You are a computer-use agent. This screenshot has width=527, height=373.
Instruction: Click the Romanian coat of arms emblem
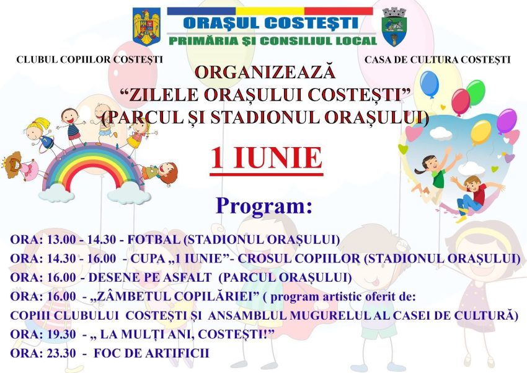pyautogui.click(x=146, y=27)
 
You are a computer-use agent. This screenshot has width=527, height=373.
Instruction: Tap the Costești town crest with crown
pyautogui.click(x=394, y=27)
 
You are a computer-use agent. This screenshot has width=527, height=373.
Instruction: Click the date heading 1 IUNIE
pyautogui.click(x=266, y=158)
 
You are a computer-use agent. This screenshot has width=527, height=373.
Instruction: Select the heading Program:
pyautogui.click(x=264, y=206)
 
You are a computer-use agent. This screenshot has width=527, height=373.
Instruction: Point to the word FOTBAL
pyautogui.click(x=154, y=240)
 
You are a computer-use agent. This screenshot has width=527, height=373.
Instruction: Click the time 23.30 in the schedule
pyautogui.click(x=61, y=353)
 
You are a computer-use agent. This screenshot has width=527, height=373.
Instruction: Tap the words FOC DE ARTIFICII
pyautogui.click(x=151, y=353)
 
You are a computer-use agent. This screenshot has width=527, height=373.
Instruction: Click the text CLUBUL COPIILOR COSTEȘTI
pyautogui.click(x=89, y=60)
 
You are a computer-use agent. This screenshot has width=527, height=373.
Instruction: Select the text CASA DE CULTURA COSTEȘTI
pyautogui.click(x=438, y=60)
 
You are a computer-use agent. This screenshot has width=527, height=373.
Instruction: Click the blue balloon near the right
pyautogui.click(x=430, y=83)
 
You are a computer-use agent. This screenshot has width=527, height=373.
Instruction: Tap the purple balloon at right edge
pyautogui.click(x=506, y=121)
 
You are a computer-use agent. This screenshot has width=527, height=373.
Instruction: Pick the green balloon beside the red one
pyautogui.click(x=476, y=92)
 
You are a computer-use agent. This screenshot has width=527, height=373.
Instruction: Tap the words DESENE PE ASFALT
pyautogui.click(x=150, y=277)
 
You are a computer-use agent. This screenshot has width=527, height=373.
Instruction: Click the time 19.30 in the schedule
pyautogui.click(x=61, y=335)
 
